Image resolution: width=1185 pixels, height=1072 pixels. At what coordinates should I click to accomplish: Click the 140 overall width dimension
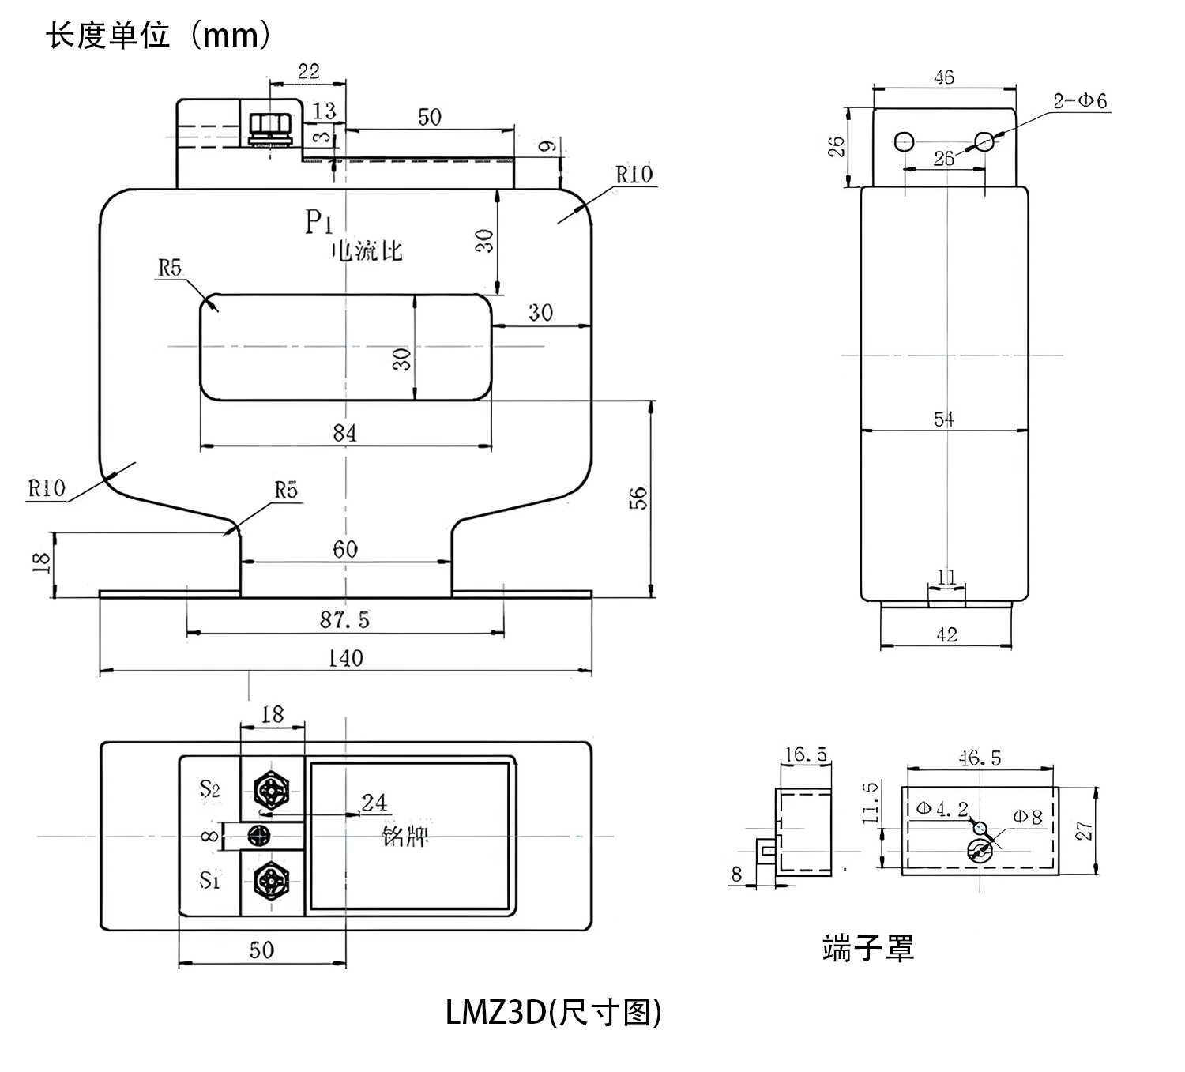[x=345, y=658]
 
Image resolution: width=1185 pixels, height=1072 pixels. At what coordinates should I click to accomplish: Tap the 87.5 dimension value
[x=344, y=620]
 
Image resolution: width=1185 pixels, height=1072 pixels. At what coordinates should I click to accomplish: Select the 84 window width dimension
[x=344, y=433]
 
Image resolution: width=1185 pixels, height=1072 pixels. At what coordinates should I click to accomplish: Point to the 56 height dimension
[x=638, y=498]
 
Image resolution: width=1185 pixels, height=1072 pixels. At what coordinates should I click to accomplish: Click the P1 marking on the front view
[x=318, y=223]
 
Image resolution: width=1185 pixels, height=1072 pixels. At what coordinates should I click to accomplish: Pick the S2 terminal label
[x=209, y=788]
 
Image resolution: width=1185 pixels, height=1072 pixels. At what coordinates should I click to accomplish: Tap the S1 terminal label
[x=209, y=879]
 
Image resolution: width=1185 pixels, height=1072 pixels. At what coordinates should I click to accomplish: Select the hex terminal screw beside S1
[x=271, y=880]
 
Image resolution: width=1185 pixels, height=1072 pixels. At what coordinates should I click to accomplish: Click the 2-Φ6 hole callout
[x=1080, y=100]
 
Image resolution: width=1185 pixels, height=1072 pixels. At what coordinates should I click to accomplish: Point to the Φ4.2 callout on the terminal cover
[x=942, y=809]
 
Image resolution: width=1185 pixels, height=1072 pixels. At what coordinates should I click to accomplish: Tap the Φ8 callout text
[x=1028, y=818]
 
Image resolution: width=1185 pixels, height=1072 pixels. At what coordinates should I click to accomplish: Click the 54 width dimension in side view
[x=944, y=419]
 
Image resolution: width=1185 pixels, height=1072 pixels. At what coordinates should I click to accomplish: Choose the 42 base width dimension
[x=946, y=634]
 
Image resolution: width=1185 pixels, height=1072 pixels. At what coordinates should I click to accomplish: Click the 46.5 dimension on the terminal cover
[x=980, y=758]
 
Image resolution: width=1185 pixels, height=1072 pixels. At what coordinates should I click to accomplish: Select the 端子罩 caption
[x=867, y=948]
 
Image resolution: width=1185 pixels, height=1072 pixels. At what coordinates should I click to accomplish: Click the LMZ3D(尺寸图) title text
[x=553, y=1012]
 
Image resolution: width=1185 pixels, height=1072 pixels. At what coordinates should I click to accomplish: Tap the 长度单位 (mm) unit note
[x=159, y=36]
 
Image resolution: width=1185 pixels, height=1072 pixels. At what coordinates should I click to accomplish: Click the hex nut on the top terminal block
[x=270, y=126]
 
